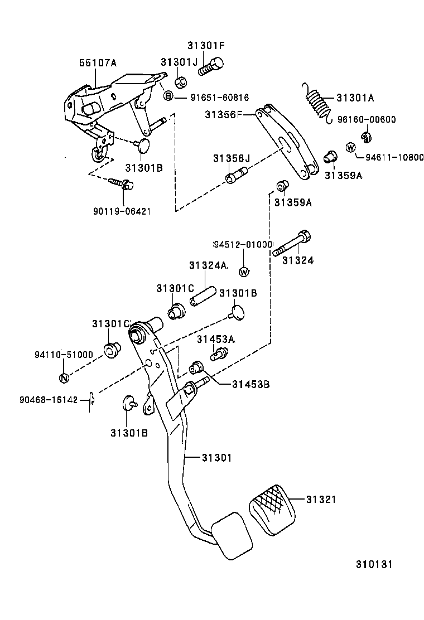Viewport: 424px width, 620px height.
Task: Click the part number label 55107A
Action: (x=97, y=64)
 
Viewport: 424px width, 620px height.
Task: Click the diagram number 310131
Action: (x=375, y=564)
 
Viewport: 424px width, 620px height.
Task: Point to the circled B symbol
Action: (x=167, y=97)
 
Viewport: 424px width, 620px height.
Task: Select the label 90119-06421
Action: (x=122, y=211)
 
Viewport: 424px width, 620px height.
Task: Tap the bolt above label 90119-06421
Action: (x=120, y=183)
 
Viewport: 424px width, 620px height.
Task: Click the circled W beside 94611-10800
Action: (x=350, y=147)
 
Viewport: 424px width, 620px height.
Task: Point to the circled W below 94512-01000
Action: (x=243, y=272)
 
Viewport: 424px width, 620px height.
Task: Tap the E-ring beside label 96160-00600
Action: (x=367, y=135)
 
